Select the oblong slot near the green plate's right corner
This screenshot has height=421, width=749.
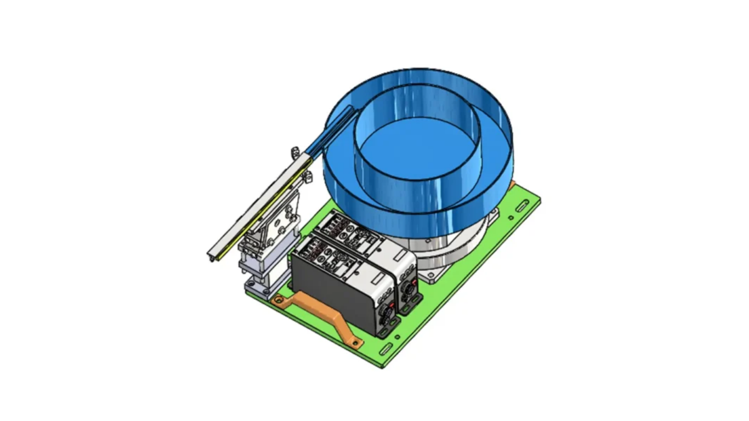click(521, 206)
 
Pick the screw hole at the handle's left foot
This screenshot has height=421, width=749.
click(279, 300)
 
